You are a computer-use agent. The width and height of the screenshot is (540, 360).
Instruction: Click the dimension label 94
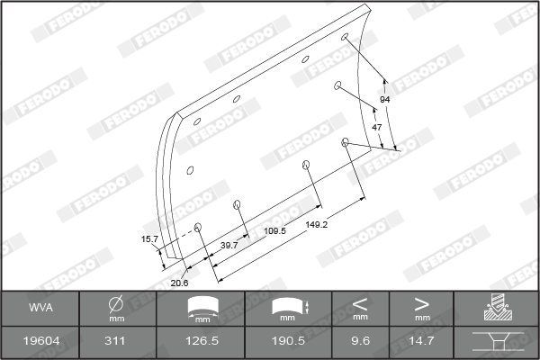click(x=384, y=99)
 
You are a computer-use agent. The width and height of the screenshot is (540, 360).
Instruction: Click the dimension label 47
click(x=377, y=128)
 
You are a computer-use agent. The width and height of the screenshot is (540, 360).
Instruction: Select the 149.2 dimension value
click(x=316, y=224)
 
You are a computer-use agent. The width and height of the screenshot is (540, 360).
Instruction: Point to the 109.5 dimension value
click(x=274, y=230)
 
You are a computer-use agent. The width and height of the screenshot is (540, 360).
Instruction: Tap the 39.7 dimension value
click(x=229, y=245)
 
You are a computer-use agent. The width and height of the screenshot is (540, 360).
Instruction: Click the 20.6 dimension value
click(x=180, y=283)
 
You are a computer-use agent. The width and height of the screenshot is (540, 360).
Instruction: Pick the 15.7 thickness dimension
click(x=149, y=239)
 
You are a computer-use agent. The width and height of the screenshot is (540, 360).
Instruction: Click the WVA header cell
click(x=40, y=308)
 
